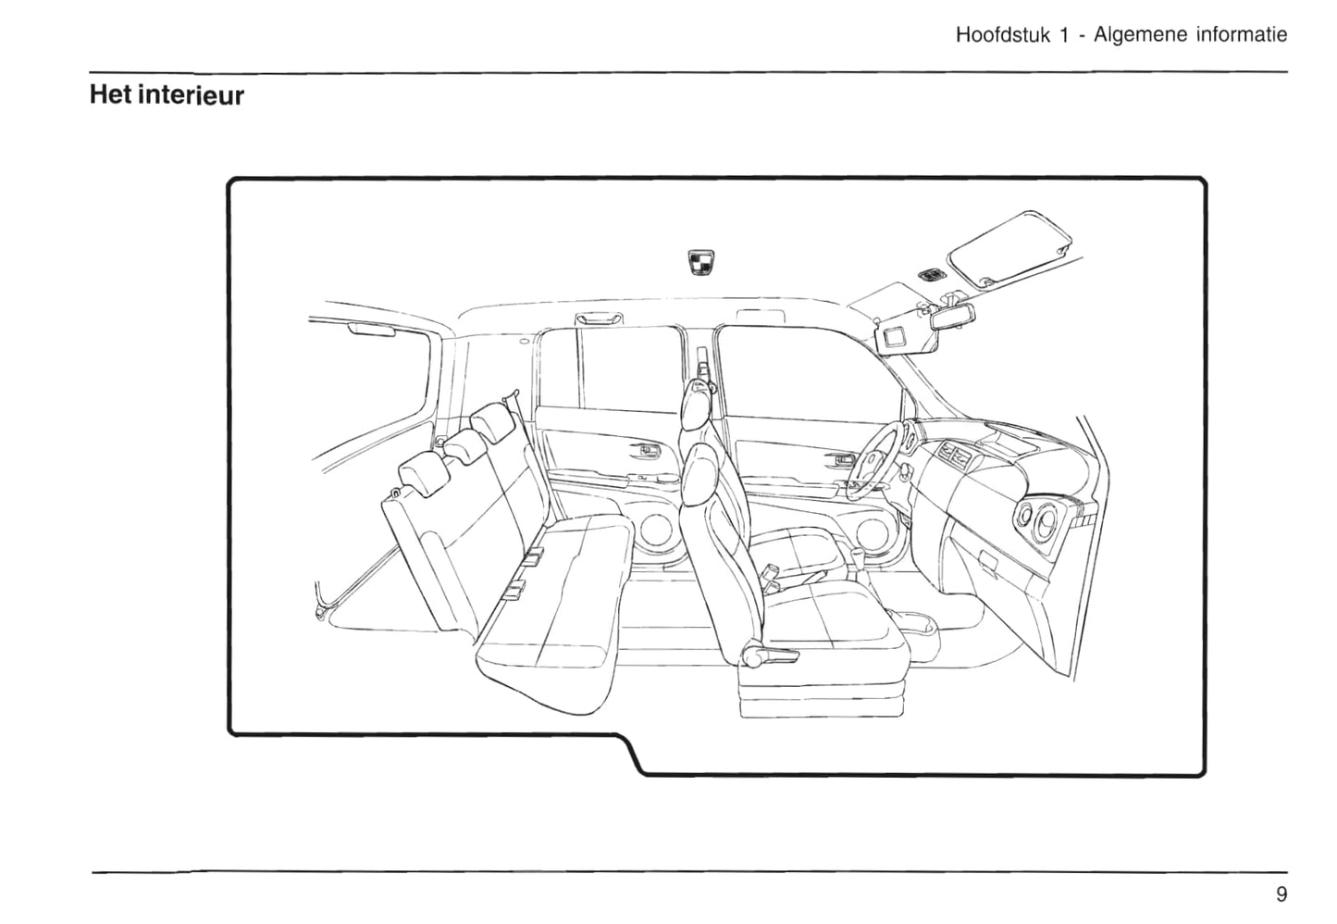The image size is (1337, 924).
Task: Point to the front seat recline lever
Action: point(764,656)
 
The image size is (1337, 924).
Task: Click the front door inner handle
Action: point(842,459)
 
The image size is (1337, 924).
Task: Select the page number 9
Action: point(1281,894)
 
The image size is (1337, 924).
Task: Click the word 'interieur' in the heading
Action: point(191,95)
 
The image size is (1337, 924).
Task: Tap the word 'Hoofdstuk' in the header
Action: point(1003,35)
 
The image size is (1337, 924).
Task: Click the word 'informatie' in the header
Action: point(1242,35)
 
